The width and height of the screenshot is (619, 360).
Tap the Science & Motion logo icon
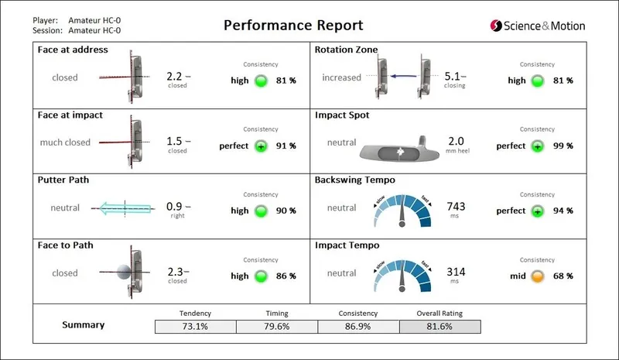(x=496, y=26)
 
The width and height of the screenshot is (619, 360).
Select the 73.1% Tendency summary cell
(x=194, y=327)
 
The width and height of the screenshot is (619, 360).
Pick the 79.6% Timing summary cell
(x=276, y=327)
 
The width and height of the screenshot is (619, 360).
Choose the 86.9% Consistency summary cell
(x=357, y=327)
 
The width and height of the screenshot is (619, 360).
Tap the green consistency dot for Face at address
(x=261, y=80)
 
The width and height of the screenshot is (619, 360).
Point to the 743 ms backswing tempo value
(x=456, y=206)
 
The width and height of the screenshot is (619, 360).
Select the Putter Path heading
(x=63, y=180)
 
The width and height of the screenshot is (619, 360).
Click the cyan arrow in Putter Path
(x=125, y=208)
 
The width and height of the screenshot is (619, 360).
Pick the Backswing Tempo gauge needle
(x=402, y=218)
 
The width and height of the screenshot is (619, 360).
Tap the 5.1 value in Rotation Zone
(x=453, y=77)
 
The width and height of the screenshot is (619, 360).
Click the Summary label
(x=83, y=325)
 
